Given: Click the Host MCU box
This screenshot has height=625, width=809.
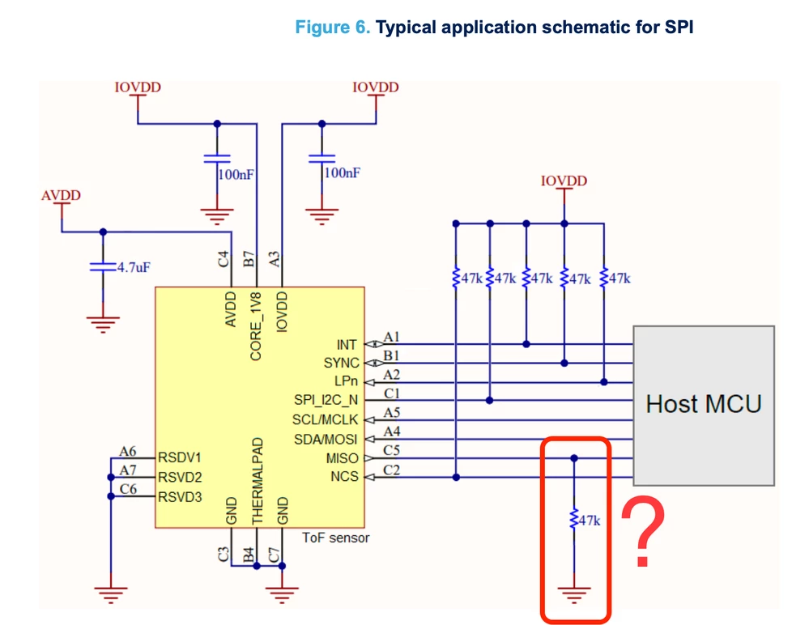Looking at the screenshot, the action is [704, 406].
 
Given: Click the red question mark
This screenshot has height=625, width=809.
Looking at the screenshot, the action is [643, 531].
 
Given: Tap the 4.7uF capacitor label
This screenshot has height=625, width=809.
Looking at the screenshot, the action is [134, 267].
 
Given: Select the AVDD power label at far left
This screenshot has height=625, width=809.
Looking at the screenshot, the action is [61, 195].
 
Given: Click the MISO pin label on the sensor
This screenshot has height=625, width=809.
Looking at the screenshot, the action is [342, 458].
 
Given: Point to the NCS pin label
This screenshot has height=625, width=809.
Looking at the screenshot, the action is [345, 477].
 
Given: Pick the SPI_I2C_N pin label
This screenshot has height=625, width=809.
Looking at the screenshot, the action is [326, 400].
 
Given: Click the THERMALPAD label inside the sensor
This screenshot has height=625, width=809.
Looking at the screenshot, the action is [258, 481].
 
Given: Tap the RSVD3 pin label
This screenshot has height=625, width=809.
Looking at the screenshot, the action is [180, 497].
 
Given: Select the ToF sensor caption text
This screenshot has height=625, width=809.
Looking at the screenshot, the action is [336, 538].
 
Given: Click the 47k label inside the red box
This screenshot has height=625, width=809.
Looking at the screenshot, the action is [589, 521].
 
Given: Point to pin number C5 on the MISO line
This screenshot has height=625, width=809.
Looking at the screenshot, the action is [392, 450].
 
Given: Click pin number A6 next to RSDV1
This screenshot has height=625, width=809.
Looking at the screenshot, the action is [127, 451].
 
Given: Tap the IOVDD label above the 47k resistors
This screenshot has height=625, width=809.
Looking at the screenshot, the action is [564, 181].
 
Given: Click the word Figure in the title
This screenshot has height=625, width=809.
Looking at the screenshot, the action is [323, 27].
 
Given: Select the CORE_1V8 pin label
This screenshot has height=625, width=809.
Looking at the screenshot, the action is [256, 326].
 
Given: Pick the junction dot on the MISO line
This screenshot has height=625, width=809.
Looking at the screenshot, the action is [574, 458].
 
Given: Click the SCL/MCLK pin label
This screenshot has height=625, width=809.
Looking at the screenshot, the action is [325, 419].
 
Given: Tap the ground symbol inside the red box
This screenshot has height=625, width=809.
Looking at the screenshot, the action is [573, 595].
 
